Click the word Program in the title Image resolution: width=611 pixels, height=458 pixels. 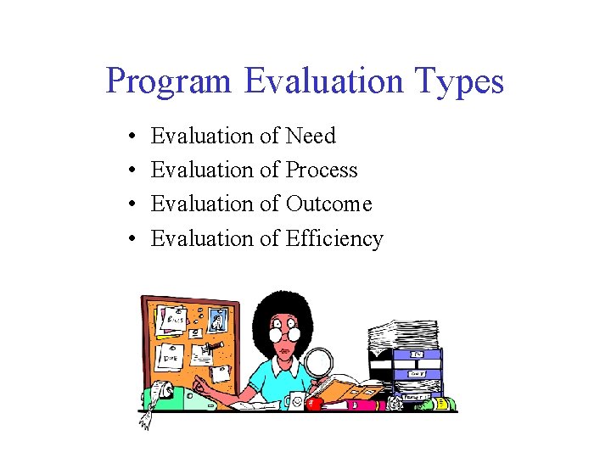coord(168,82)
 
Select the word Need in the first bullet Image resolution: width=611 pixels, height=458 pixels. coord(311,136)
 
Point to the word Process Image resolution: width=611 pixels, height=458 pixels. coord(321,170)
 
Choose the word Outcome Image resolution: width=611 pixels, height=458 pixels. coord(328,204)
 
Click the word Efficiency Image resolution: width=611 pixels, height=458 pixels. coord(334,239)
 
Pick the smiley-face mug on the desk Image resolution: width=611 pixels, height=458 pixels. coord(295,399)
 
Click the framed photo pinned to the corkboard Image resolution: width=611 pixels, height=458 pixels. coord(217,321)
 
